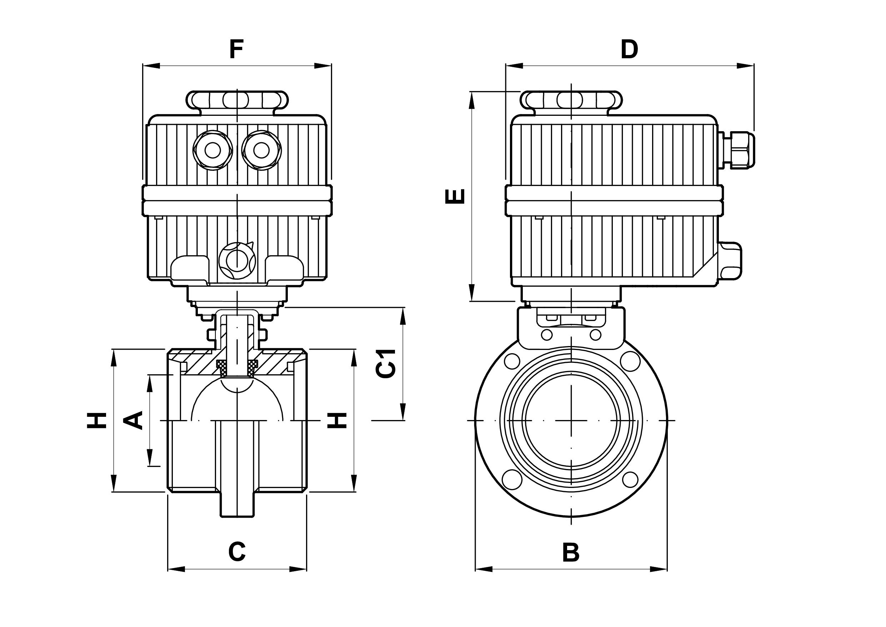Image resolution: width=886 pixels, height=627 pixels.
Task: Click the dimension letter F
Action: (x=236, y=49)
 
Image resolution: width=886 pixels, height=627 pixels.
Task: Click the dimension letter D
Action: (x=629, y=49)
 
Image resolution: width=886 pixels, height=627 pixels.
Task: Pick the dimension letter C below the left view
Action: (x=237, y=552)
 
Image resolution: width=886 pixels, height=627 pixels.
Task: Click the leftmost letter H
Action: (x=96, y=420)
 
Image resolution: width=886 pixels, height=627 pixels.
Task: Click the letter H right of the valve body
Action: (x=337, y=420)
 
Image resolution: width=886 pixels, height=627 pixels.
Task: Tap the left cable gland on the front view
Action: (x=212, y=150)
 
